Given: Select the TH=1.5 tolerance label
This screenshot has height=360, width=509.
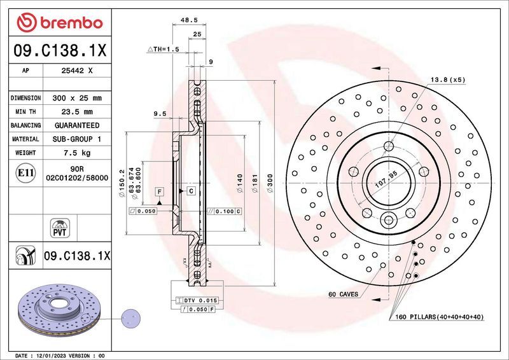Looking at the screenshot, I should [164, 48].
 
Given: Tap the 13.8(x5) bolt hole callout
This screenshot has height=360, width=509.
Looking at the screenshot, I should [448, 80].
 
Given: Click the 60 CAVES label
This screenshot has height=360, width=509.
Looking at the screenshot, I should [343, 294].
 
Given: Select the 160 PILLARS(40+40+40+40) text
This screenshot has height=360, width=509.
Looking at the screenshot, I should [440, 317].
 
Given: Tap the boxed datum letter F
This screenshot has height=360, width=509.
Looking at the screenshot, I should [158, 191].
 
